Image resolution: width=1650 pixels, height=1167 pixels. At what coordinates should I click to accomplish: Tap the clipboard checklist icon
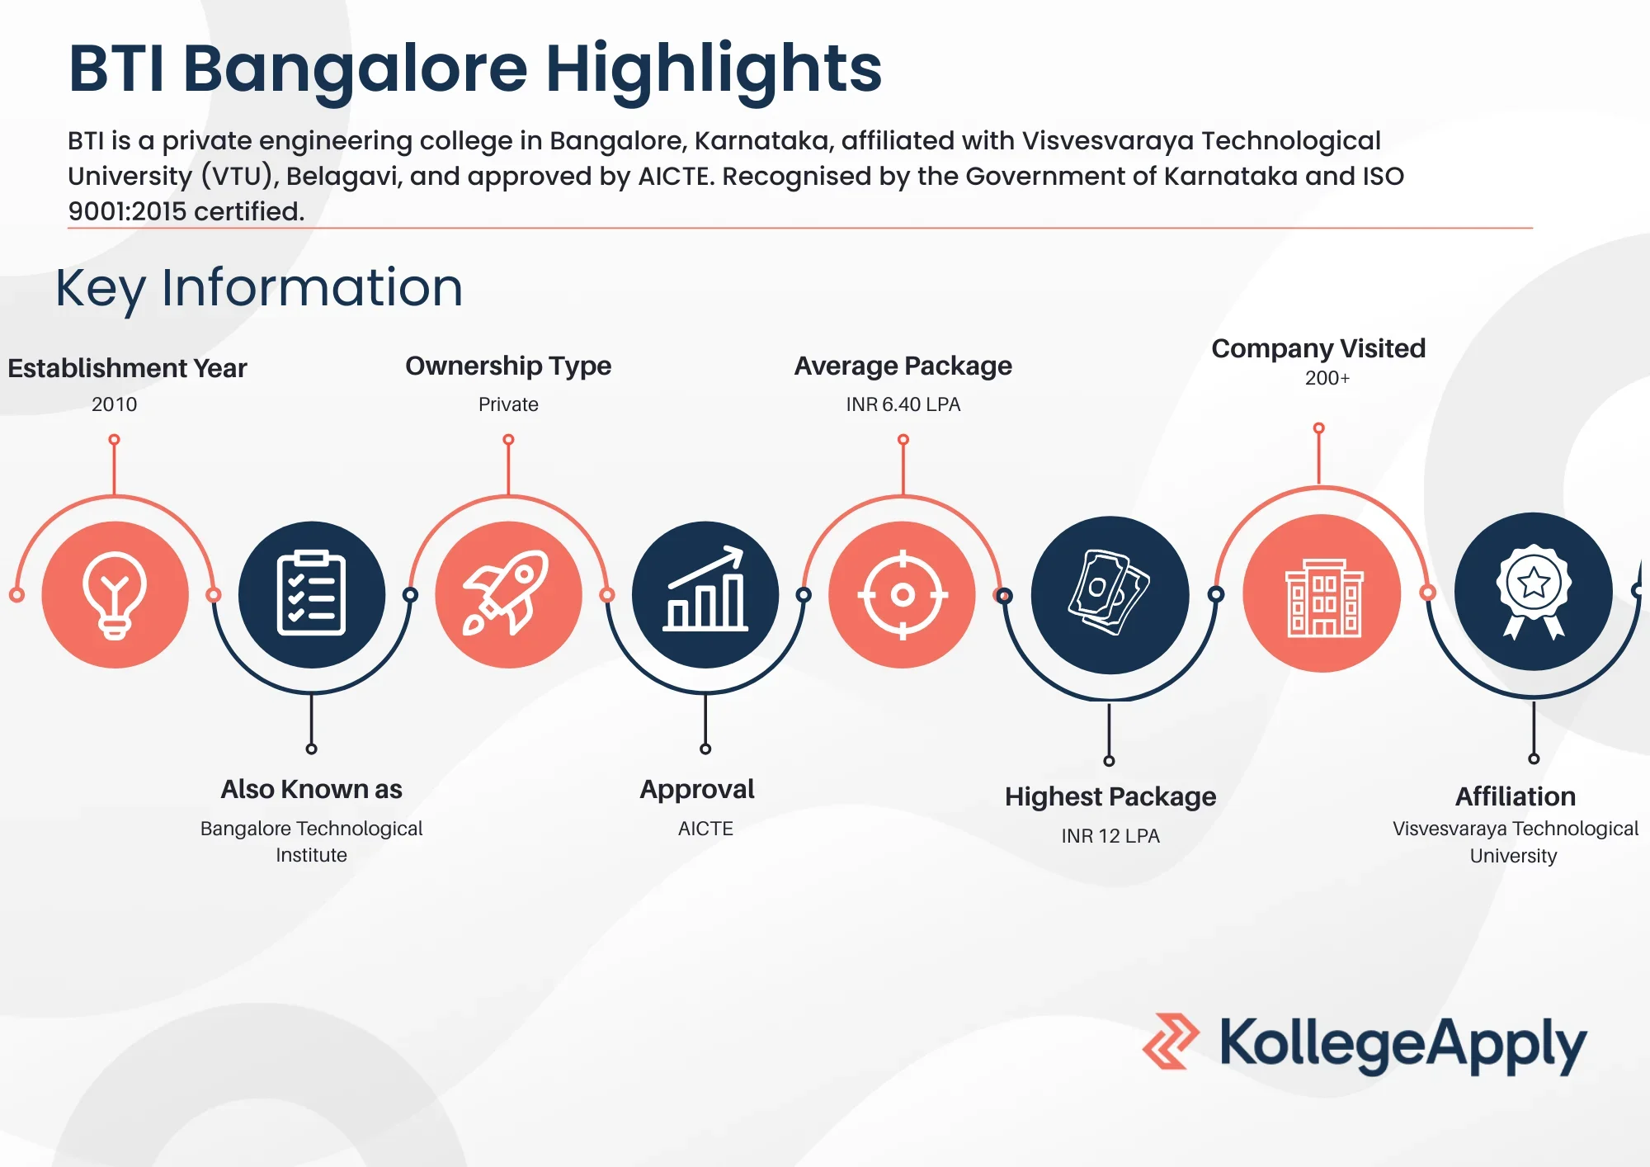pyautogui.click(x=311, y=593)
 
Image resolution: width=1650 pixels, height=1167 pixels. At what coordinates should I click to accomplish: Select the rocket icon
pyautogui.click(x=507, y=593)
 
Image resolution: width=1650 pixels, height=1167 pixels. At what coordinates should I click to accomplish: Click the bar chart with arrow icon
pyautogui.click(x=705, y=589)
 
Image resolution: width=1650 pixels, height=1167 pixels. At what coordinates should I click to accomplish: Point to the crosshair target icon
pyautogui.click(x=903, y=594)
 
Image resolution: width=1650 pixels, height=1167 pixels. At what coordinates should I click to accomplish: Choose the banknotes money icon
pyautogui.click(x=1109, y=593)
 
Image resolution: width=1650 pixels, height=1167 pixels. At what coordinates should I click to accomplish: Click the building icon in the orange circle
pyautogui.click(x=1323, y=598)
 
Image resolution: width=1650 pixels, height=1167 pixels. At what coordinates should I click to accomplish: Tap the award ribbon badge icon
pyautogui.click(x=1533, y=591)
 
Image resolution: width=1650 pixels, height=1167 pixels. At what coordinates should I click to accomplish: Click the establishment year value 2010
pyautogui.click(x=115, y=404)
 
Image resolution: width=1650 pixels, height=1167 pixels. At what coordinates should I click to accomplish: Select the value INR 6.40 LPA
pyautogui.click(x=903, y=404)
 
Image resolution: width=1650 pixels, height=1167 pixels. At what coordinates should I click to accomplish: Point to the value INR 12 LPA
pyautogui.click(x=1110, y=836)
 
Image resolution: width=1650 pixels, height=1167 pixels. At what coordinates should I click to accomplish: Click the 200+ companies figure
pyautogui.click(x=1327, y=378)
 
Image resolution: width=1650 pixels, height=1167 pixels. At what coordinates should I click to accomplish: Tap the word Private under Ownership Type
pyautogui.click(x=508, y=404)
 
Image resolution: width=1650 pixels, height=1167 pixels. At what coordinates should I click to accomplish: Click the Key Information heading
pyautogui.click(x=259, y=288)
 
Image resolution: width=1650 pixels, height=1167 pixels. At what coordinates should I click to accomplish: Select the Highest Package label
pyautogui.click(x=1110, y=796)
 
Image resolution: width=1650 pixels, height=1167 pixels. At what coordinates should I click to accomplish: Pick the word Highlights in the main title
pyautogui.click(x=714, y=69)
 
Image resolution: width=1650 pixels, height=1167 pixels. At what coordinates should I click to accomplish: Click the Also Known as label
pyautogui.click(x=312, y=789)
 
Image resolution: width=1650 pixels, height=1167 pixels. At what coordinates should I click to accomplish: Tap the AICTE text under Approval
pyautogui.click(x=705, y=829)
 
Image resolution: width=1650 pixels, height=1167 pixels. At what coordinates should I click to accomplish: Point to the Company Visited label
pyautogui.click(x=1318, y=349)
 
